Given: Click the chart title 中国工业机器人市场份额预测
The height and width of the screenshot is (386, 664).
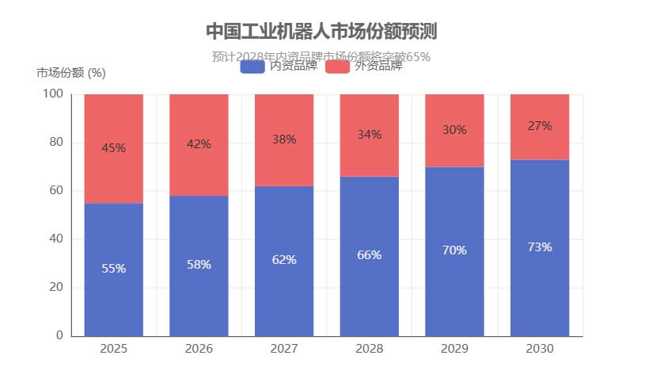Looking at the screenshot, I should (321, 31).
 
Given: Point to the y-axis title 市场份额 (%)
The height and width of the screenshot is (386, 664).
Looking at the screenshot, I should (71, 73).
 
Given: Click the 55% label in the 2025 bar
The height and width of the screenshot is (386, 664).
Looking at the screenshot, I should (113, 269).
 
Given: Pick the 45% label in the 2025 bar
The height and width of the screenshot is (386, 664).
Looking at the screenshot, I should (113, 147).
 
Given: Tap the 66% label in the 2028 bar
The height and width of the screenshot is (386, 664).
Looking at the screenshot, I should (369, 255).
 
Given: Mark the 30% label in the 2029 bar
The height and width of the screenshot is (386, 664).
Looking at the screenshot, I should (454, 130).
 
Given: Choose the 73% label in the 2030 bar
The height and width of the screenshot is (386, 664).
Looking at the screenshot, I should (540, 247).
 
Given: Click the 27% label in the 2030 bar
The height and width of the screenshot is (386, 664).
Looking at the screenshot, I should (540, 126).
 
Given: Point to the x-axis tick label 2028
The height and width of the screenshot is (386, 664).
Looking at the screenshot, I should (369, 349).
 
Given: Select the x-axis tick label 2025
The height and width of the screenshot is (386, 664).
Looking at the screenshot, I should (113, 349).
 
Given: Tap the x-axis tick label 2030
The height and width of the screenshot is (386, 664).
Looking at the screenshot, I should (540, 349).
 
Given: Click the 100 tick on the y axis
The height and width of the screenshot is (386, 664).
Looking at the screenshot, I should (53, 94).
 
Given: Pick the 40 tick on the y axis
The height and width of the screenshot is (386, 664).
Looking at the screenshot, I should (56, 239).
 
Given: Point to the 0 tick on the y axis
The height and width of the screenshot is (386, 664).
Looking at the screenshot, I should (59, 336).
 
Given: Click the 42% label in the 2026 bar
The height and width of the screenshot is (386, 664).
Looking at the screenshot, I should (199, 144).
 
